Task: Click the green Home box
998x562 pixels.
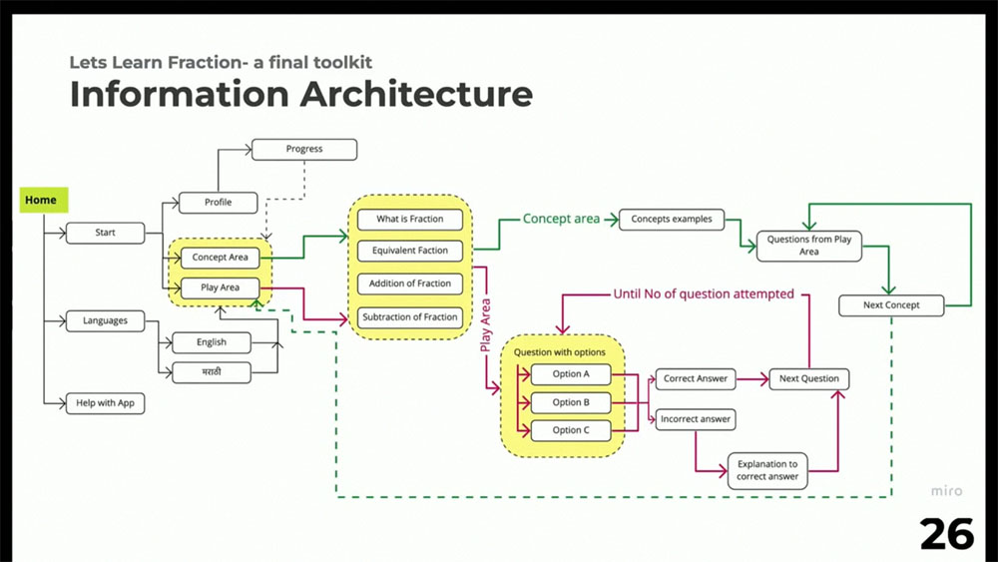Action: click(43, 200)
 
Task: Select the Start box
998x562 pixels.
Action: click(105, 233)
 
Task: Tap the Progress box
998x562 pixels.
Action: click(304, 150)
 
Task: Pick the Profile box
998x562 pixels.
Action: click(219, 203)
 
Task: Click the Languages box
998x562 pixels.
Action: click(105, 321)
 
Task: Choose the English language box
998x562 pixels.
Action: click(212, 342)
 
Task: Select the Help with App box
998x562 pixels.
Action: click(105, 403)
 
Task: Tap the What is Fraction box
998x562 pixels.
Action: click(410, 220)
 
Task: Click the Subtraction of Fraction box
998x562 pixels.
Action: click(410, 317)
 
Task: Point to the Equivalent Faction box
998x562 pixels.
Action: click(410, 251)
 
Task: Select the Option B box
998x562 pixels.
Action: click(571, 403)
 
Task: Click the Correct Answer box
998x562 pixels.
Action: click(696, 379)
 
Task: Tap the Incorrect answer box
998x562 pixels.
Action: click(696, 419)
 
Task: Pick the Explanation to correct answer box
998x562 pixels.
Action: click(767, 471)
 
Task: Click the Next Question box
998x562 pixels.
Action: click(809, 379)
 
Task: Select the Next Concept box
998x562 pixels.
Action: click(891, 305)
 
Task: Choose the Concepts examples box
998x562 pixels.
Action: click(672, 220)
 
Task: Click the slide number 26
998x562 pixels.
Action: click(946, 534)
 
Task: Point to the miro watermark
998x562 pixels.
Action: click(946, 491)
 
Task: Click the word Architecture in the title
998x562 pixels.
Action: click(416, 94)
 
